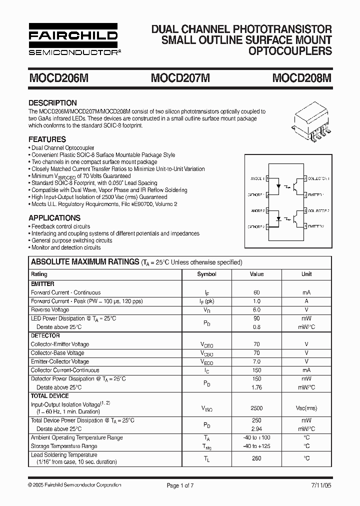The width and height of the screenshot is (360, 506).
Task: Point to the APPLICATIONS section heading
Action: (54, 218)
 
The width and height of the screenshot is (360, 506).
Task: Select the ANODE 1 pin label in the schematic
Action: (256, 178)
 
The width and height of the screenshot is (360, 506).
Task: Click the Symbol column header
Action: (206, 274)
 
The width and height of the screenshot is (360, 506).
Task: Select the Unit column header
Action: (306, 274)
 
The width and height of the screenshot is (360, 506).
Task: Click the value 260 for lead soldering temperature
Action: (256, 458)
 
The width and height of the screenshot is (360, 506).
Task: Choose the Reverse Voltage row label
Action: (50, 310)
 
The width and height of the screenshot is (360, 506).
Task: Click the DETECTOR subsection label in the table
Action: (45, 335)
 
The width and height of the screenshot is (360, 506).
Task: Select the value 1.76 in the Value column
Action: (256, 387)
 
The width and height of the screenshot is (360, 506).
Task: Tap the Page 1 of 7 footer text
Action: (179, 485)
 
